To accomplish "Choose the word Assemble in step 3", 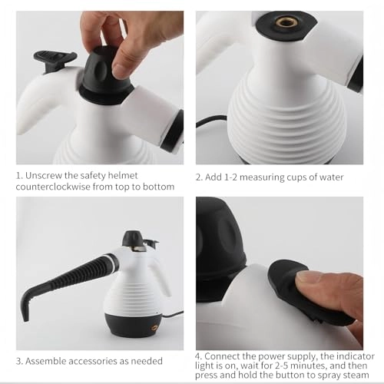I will (51, 361).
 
